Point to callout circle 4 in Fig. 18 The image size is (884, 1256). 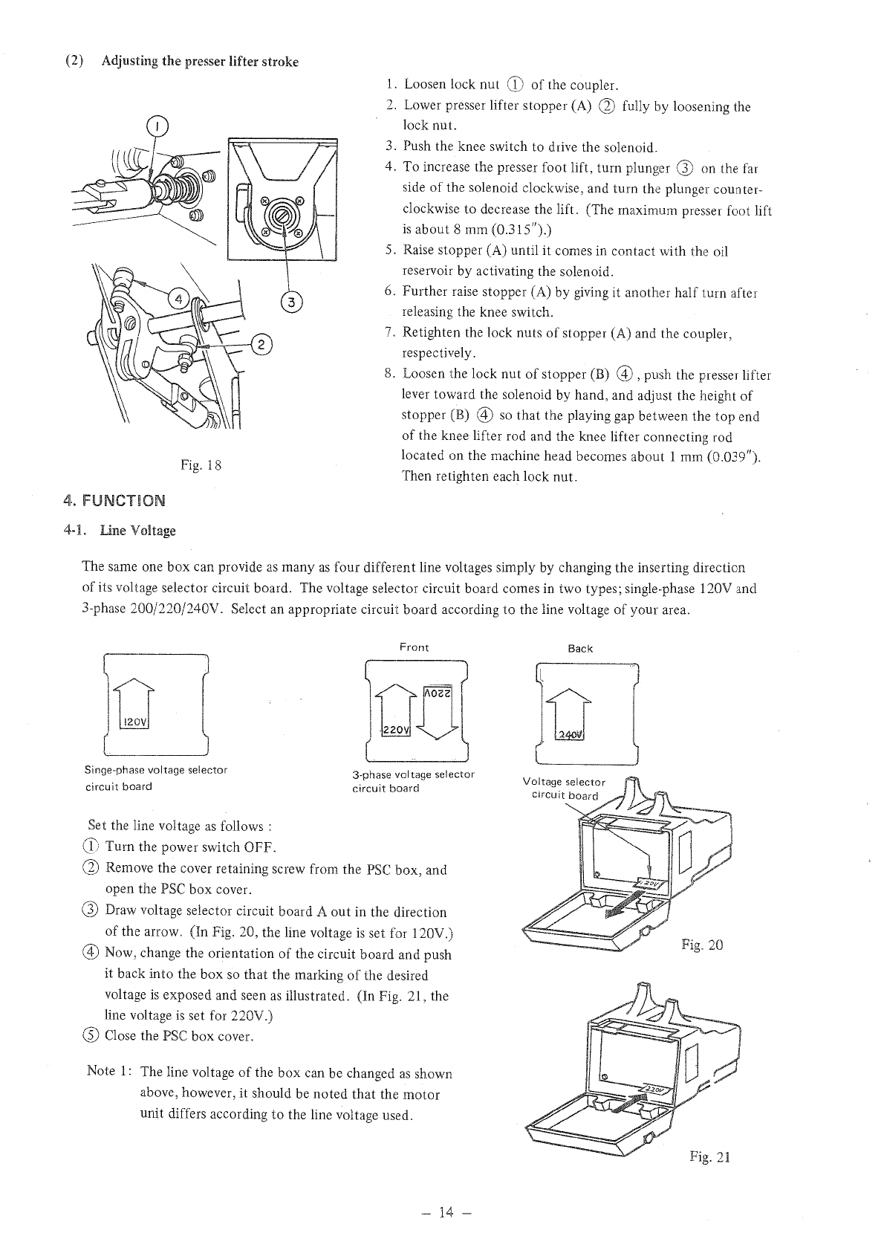[179, 300]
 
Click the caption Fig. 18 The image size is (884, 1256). [201, 466]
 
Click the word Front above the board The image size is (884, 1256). [414, 647]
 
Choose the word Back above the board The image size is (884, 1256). [580, 648]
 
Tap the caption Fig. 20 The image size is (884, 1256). [702, 945]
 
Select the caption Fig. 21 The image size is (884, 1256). [710, 1156]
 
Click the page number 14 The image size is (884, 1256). [445, 1213]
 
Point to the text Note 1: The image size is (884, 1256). [111, 1071]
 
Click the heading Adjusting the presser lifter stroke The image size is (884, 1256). [200, 62]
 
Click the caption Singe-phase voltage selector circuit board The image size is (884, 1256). [156, 778]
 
